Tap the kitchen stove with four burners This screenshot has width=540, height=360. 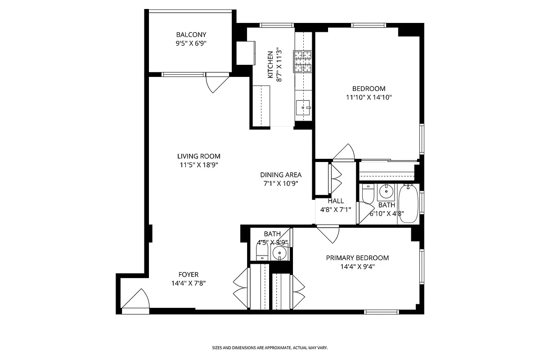303,61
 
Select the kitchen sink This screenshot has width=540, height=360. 303,108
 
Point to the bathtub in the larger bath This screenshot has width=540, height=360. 408,203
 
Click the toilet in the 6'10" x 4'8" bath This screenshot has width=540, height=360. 368,194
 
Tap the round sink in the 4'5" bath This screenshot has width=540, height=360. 279,255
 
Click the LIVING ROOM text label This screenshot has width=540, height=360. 198,157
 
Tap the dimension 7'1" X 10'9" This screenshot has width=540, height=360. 281,183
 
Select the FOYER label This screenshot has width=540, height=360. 188,274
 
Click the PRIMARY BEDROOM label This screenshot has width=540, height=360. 357,258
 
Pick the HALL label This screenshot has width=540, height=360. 336,201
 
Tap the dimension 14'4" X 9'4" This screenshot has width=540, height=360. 357,266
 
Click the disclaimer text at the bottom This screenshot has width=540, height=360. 270,348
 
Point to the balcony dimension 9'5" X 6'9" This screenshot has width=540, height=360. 191,44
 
